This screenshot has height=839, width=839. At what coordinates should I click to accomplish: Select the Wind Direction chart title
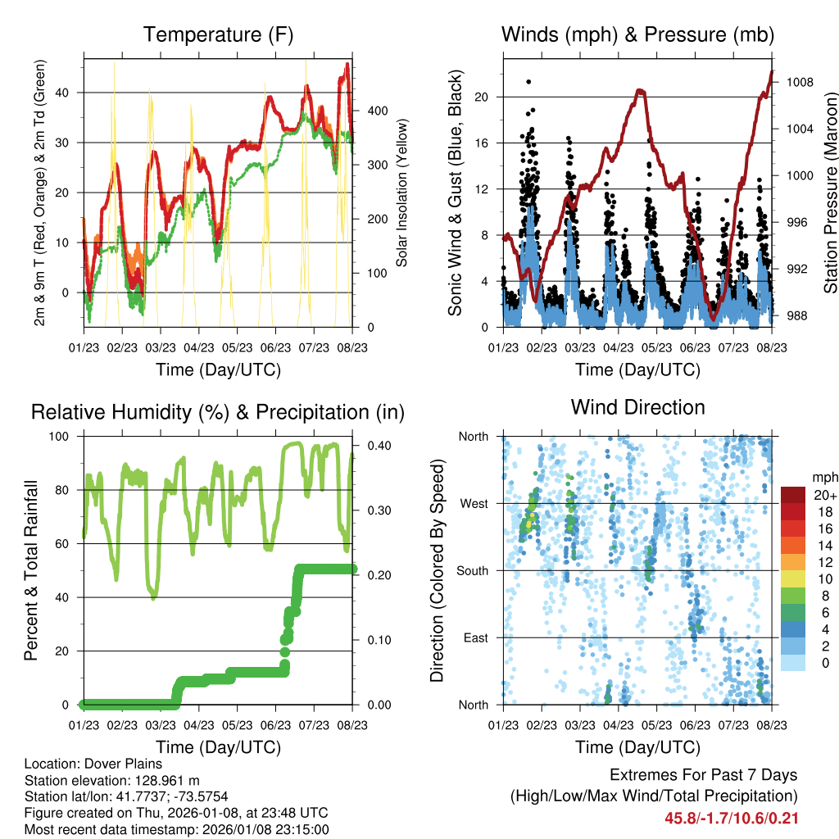coord(637,407)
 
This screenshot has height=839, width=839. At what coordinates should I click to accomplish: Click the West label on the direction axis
coord(475,503)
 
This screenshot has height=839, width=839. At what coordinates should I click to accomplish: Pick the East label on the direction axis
coord(477,637)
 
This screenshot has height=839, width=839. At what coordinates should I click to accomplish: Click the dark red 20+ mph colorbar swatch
coord(792,495)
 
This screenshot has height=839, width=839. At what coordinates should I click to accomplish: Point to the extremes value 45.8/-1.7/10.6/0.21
coord(732,818)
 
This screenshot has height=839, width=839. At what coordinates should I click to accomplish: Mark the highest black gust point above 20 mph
coord(528,81)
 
